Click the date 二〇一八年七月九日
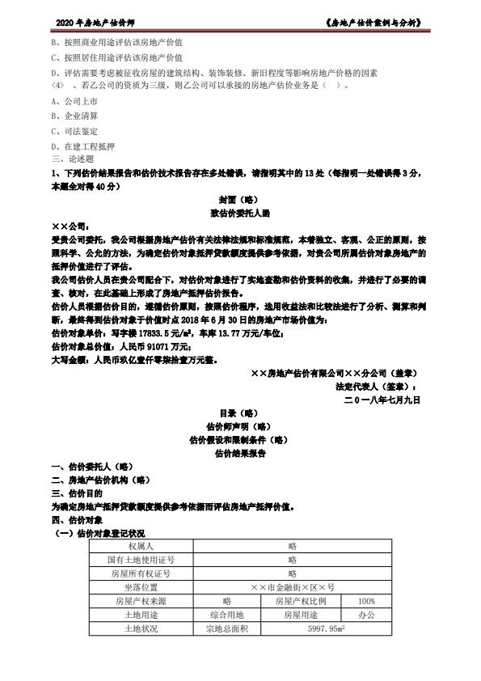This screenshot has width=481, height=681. pyautogui.click(x=382, y=399)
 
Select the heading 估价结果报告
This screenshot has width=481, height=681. pyautogui.click(x=240, y=454)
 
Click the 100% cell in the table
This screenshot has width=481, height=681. pyautogui.click(x=366, y=601)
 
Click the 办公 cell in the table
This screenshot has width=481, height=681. pyautogui.click(x=366, y=615)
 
